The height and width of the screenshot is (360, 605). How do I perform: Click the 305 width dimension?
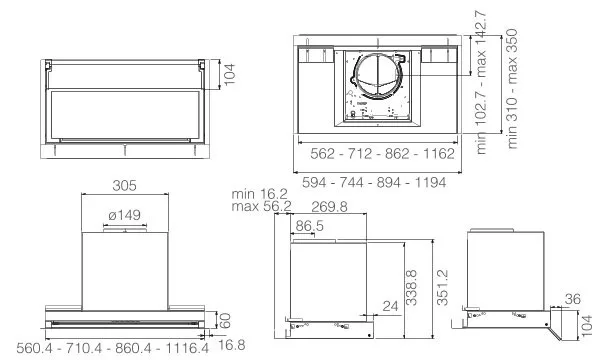point(125,186)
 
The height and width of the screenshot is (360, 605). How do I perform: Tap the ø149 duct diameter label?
point(125,215)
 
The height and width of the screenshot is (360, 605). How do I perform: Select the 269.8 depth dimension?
point(329,207)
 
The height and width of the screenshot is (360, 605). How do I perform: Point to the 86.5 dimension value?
point(309,226)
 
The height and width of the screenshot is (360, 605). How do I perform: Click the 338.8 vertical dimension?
point(412,287)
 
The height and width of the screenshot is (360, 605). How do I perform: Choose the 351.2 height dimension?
point(443,287)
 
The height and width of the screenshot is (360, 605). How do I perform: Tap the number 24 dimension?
point(390,306)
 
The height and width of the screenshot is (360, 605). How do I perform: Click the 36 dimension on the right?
point(573,299)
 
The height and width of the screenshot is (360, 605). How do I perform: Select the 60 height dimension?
point(225,320)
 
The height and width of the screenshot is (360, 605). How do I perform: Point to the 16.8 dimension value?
point(232,345)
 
